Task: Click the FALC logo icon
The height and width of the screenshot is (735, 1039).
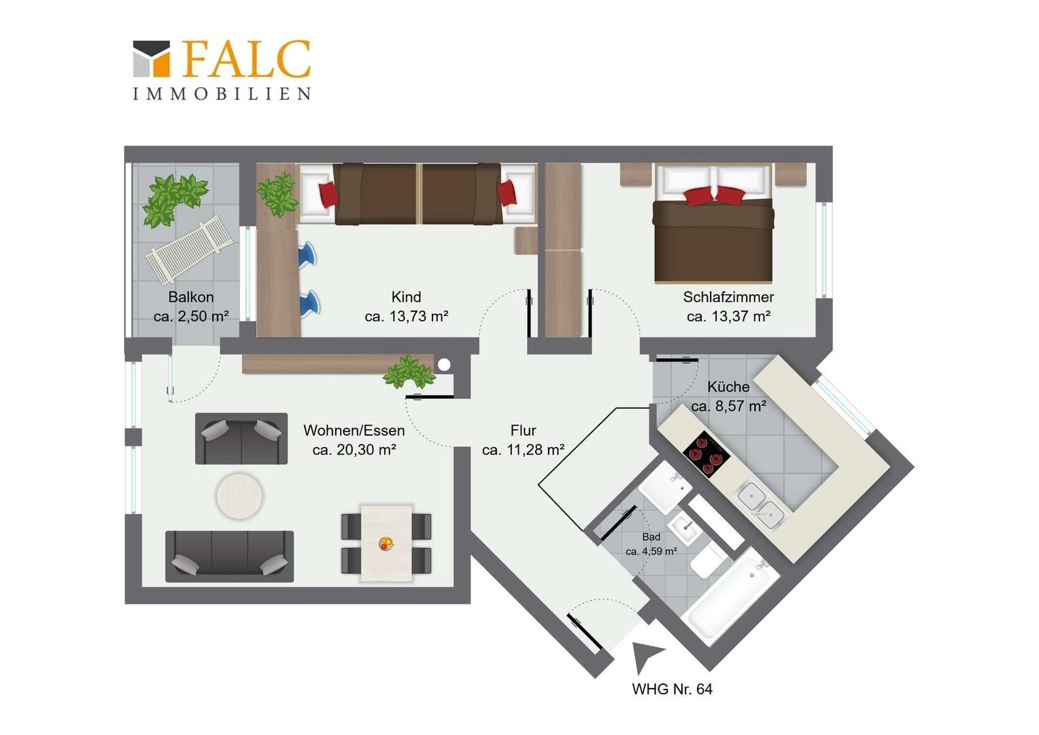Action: tap(151, 59)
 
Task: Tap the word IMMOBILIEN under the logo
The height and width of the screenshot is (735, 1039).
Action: tap(222, 94)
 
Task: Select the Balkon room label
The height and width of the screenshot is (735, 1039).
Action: tap(191, 297)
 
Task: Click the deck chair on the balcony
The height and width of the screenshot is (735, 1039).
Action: tap(190, 249)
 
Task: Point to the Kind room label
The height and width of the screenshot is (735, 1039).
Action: tap(407, 297)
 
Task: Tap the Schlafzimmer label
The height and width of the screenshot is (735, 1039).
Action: tap(728, 297)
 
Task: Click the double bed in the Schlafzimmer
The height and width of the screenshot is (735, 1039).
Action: tap(713, 224)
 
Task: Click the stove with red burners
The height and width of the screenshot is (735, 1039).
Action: tap(706, 454)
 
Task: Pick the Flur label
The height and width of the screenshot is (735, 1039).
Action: tap(523, 430)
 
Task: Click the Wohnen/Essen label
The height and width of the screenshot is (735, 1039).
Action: tap(354, 430)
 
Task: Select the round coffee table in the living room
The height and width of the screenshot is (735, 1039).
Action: tap(239, 496)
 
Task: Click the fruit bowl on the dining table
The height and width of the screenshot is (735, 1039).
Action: tap(386, 543)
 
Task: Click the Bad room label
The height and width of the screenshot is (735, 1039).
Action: tap(651, 537)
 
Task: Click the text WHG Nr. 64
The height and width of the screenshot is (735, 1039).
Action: tap(672, 689)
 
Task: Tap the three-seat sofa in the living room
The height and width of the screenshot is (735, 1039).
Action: tap(229, 556)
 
